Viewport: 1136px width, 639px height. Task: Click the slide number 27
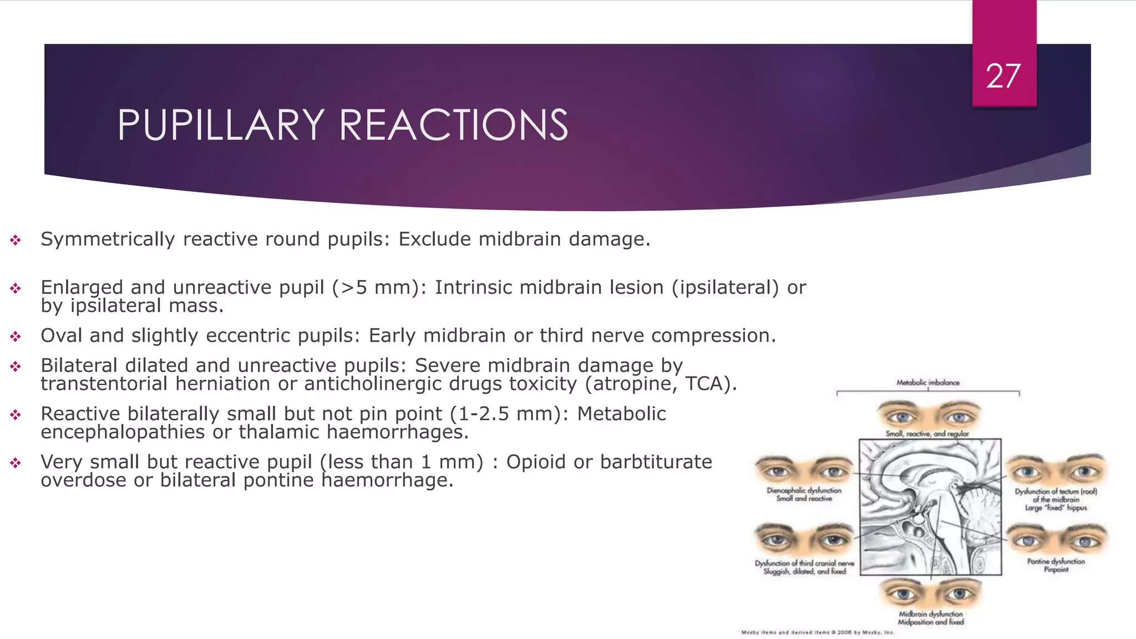point(1003,76)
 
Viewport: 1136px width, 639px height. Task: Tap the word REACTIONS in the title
point(453,125)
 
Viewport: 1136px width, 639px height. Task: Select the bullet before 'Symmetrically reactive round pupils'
point(16,240)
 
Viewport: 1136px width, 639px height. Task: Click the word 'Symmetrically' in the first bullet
point(108,239)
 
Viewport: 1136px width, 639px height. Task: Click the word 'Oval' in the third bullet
point(61,336)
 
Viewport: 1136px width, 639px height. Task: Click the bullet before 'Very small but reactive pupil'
point(16,463)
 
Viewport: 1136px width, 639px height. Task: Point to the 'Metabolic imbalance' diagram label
point(927,383)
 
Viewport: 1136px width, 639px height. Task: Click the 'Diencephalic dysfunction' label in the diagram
point(804,490)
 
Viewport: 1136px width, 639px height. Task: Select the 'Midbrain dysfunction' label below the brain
point(931,614)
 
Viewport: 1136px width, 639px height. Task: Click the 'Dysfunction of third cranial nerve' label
point(804,564)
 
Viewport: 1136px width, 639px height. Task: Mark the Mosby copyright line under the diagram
point(817,632)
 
